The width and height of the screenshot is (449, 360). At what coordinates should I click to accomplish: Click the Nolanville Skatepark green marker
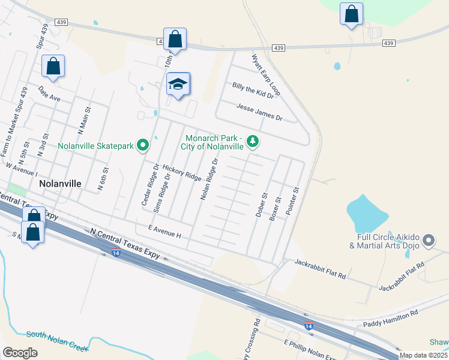point(143,145)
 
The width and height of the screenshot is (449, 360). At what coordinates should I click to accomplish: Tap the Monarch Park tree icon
point(253,142)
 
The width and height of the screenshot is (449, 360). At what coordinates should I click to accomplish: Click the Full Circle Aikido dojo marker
point(428,241)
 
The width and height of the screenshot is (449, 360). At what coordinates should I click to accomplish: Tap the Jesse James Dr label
point(259,111)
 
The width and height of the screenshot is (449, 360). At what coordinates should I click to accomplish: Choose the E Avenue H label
point(164,231)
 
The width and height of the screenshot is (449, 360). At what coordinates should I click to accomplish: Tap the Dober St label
point(261,205)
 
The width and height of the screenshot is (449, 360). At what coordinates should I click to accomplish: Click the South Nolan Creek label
point(58,340)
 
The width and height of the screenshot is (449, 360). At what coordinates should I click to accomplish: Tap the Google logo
point(20,353)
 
